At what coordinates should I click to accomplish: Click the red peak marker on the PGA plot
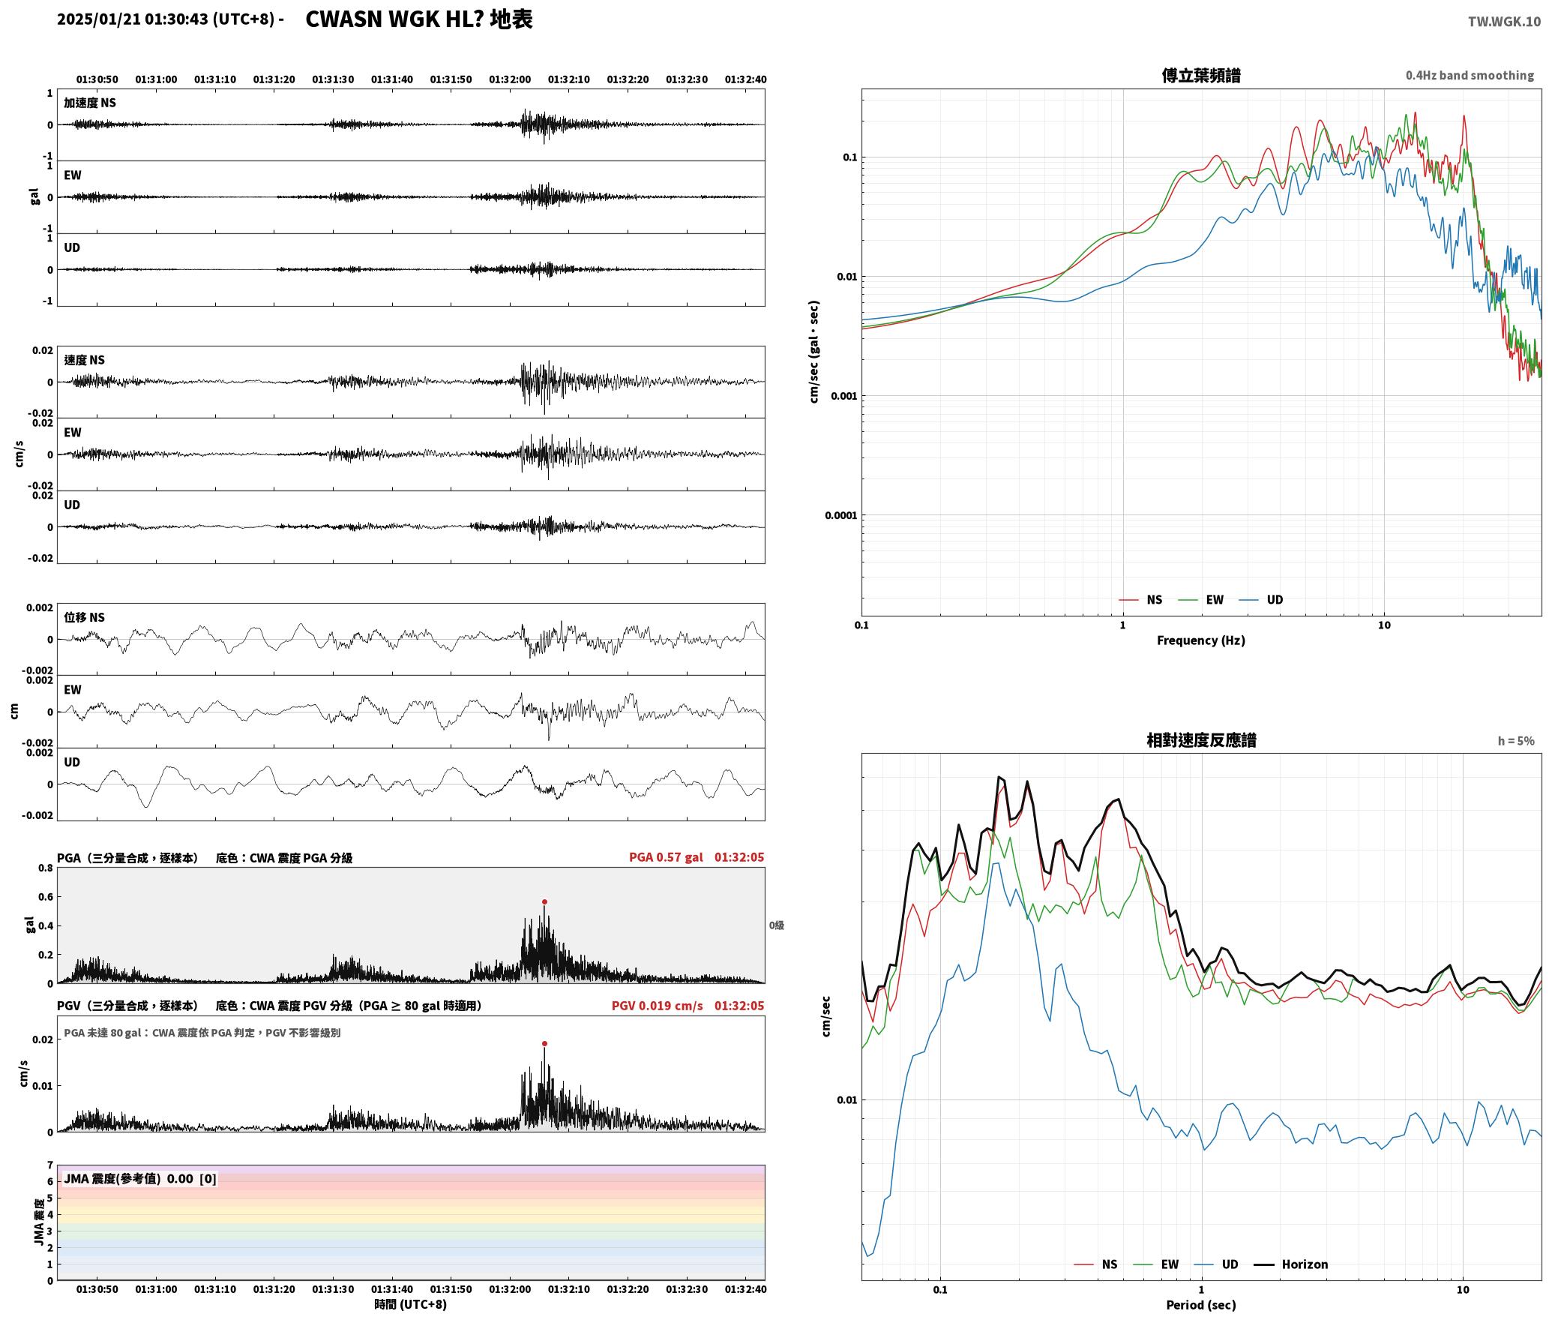coord(544,901)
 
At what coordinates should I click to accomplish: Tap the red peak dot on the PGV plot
coord(544,1043)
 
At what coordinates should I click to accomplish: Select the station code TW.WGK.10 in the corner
coord(1504,22)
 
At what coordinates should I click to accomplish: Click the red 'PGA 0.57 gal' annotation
coord(666,857)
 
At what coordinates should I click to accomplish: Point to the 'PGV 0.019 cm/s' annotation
coord(658,1006)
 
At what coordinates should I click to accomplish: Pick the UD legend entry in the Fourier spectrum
coord(1261,600)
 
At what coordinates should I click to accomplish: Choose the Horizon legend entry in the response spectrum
coord(1291,1264)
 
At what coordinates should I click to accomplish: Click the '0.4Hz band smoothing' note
coord(1470,76)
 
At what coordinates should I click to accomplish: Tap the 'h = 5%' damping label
coord(1516,741)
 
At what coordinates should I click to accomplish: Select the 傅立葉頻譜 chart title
coord(1201,75)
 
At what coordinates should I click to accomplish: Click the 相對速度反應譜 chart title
coord(1201,740)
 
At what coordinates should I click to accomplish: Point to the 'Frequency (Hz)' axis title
coord(1201,640)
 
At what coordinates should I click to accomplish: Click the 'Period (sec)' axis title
coord(1201,1305)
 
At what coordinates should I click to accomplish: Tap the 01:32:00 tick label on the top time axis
coord(510,79)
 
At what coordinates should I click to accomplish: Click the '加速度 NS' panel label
coord(90,103)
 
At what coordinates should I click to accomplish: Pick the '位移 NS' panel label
coord(84,617)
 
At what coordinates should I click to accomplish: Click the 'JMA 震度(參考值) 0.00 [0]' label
coord(140,1179)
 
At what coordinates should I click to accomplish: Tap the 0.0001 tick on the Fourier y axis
coord(840,515)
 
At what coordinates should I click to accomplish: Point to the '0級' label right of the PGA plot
coord(777,925)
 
